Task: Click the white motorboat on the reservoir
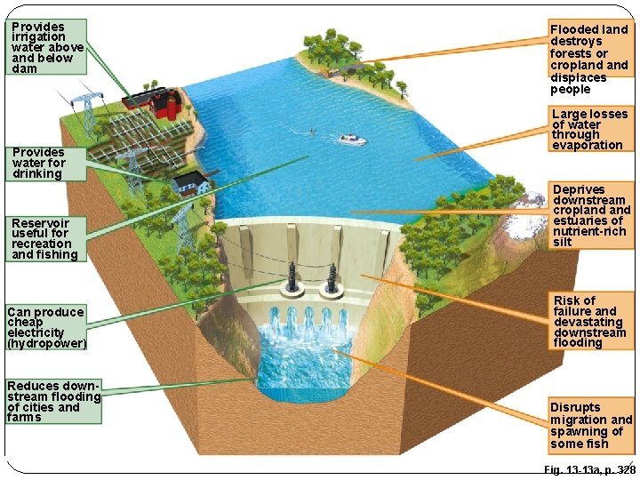(x=352, y=140)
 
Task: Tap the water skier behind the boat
(x=312, y=132)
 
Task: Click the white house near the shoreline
(x=191, y=184)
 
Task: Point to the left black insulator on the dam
(x=292, y=275)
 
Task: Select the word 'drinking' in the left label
(x=37, y=173)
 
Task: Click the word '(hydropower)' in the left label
(x=46, y=343)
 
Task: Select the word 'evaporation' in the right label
(x=588, y=145)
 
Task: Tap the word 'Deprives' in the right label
(x=579, y=189)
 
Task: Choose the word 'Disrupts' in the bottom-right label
(x=575, y=408)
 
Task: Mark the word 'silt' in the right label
(x=564, y=242)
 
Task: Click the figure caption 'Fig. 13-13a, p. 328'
(x=588, y=468)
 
